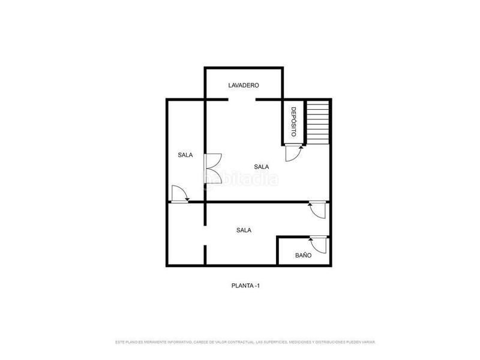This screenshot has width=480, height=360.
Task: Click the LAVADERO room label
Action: [x=244, y=86]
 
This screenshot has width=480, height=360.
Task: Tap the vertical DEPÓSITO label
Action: [x=293, y=122]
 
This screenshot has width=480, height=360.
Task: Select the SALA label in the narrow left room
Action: [x=185, y=155]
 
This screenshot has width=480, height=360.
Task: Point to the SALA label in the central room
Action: [x=261, y=167]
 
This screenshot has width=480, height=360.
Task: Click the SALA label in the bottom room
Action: [x=244, y=230]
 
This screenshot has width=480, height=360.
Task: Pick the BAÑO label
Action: [x=303, y=255]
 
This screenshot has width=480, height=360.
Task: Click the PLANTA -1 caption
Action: [x=245, y=286]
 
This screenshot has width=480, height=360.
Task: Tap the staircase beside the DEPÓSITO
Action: [x=318, y=122]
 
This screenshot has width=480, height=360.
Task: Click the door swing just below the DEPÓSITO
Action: [x=293, y=153]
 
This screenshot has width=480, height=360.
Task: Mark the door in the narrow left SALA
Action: [x=179, y=194]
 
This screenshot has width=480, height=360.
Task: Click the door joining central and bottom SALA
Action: [x=317, y=210]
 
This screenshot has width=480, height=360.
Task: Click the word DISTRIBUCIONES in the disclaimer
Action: [x=325, y=342]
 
